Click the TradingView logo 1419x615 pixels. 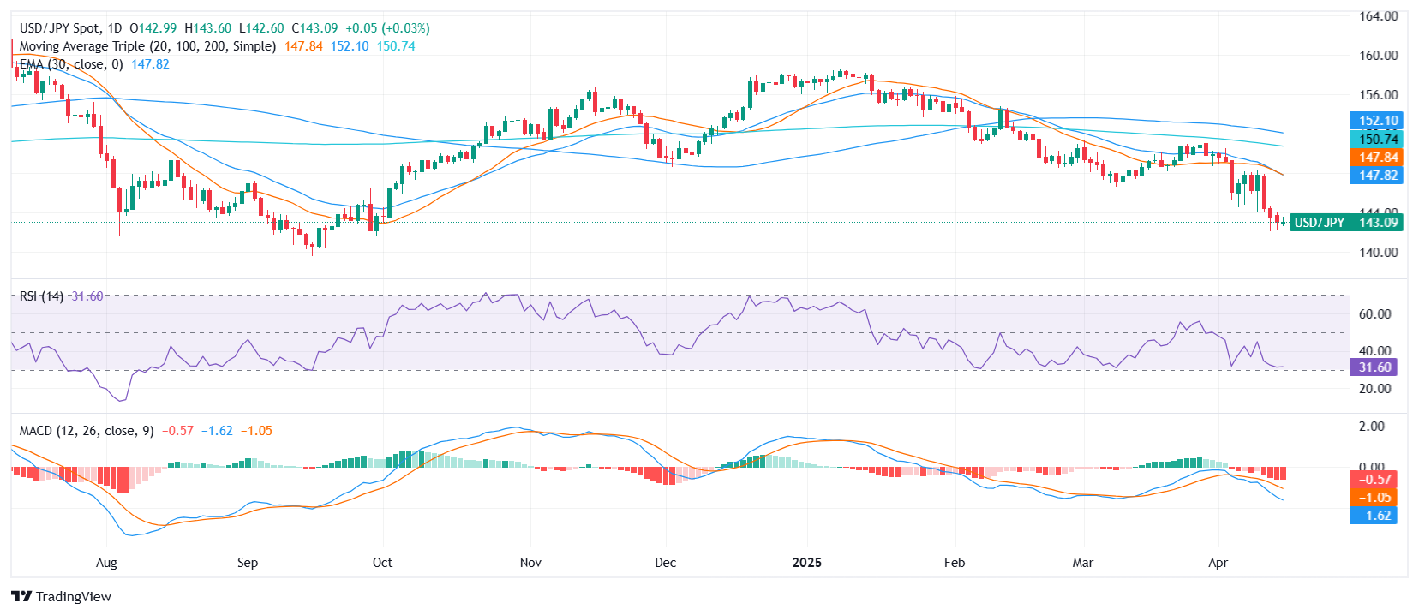coord(61,596)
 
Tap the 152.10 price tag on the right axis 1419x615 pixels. coord(1378,121)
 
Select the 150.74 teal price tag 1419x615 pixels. coord(1378,139)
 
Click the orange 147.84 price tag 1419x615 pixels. coord(1378,158)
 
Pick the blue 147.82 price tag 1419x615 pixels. coord(1378,176)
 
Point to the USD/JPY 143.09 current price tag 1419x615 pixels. coord(1345,223)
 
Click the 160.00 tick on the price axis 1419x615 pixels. coord(1378,56)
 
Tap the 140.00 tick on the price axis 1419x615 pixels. coord(1378,253)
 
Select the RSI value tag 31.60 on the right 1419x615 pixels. coord(1374,367)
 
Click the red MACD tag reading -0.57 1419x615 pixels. coord(1374,480)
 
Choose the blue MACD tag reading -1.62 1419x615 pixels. coord(1374,516)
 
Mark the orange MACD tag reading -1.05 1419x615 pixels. coord(1374,498)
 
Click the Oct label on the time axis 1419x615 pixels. coord(382,563)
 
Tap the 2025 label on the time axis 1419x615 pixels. coord(806,563)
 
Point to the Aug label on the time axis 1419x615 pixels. coord(106,563)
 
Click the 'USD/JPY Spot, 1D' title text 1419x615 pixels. coord(70,28)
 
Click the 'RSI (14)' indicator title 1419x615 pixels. coord(41,296)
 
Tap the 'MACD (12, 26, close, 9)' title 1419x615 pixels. coord(87,431)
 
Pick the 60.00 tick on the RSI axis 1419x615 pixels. coord(1374,314)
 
